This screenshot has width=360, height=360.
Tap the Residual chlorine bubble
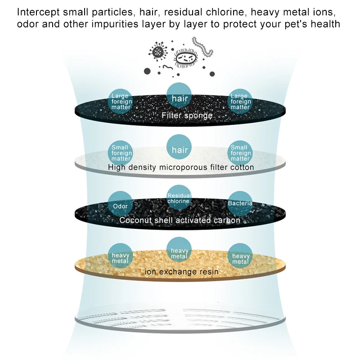pos(179,198)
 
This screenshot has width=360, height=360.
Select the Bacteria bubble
pos(240,203)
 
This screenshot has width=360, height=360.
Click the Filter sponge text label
pos(187,116)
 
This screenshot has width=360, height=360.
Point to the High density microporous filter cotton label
pos(181,167)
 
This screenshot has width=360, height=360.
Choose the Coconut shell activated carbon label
pos(180,220)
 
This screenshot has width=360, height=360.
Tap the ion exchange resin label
pos(182,272)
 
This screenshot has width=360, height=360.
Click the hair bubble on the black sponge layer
pos(180,97)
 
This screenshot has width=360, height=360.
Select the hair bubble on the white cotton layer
pos(180,148)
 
